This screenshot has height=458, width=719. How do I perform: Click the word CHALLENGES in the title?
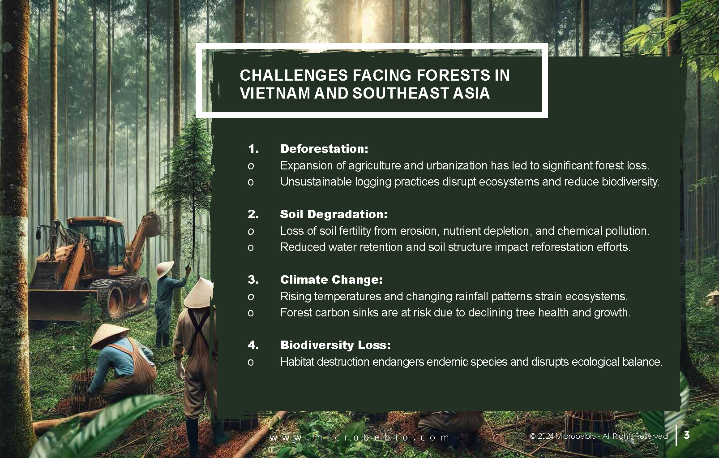pos(294,76)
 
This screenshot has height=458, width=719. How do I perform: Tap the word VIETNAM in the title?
pos(275,93)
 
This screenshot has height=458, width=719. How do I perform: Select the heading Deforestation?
pos(324,149)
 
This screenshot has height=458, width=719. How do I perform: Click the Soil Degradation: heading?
pos(334,214)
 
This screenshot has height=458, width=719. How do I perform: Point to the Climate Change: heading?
pos(331,280)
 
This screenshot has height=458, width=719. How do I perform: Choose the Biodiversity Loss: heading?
pos(335,345)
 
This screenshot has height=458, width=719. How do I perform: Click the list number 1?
pos(253,149)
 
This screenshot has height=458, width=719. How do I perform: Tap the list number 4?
pos(253,345)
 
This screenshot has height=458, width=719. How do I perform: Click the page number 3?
pos(687,435)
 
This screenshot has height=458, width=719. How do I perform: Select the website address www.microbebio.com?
pos(359,437)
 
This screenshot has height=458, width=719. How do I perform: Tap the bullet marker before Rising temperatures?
pos(251,297)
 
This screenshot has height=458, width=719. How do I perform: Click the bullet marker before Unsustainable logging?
pos(251,182)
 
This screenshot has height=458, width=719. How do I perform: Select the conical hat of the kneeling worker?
pos(106,335)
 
